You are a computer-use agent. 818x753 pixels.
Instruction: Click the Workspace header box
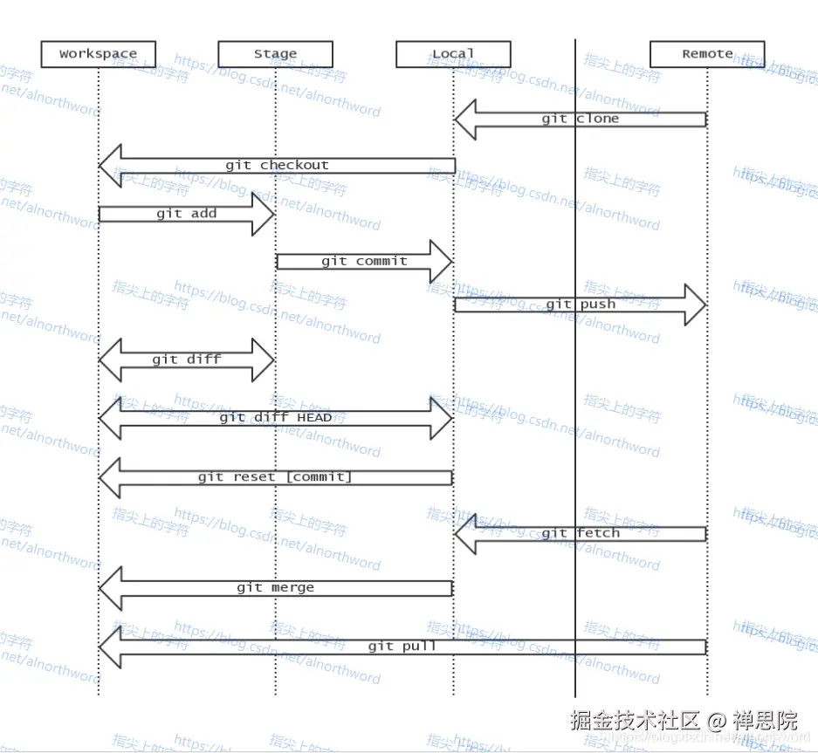(x=98, y=54)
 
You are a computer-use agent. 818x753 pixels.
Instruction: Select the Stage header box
(x=275, y=54)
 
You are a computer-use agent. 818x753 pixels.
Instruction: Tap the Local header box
(x=452, y=54)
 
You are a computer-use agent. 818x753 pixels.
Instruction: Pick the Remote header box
(x=707, y=54)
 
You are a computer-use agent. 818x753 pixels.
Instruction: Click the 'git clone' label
(x=580, y=119)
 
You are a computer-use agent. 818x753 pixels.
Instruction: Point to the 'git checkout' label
(x=277, y=165)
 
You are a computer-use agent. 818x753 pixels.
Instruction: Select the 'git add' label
(x=186, y=214)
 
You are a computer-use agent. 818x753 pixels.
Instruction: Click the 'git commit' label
(x=364, y=261)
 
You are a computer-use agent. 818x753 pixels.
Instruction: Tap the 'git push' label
(x=581, y=305)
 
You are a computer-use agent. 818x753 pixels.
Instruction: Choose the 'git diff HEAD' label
(x=275, y=417)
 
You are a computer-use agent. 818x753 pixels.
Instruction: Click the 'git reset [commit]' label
(x=274, y=477)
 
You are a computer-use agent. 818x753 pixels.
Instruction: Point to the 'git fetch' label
(x=580, y=533)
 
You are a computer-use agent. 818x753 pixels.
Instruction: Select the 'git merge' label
(x=275, y=588)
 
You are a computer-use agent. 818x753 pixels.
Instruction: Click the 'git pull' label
(x=402, y=647)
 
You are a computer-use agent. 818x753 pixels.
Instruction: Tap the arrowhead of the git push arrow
(x=695, y=305)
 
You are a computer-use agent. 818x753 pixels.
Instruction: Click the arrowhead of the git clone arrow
(x=466, y=120)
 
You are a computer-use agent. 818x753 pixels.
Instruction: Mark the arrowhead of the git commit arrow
(x=441, y=261)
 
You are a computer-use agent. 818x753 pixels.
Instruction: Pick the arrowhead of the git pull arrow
(x=110, y=647)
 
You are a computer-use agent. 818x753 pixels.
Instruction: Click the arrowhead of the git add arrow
(x=264, y=214)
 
